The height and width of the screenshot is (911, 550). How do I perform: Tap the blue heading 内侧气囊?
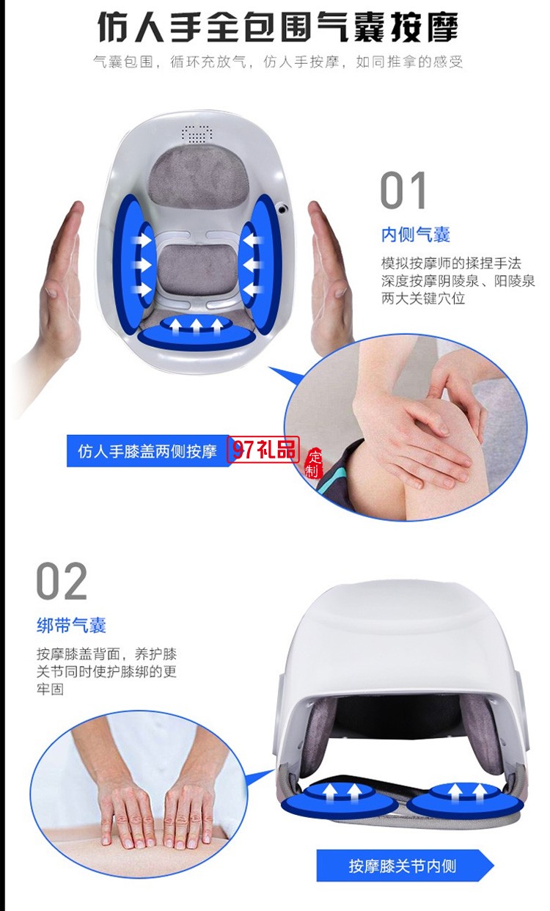(415, 235)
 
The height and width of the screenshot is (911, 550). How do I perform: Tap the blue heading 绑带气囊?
(71, 625)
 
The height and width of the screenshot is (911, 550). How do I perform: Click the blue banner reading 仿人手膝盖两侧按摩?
(147, 451)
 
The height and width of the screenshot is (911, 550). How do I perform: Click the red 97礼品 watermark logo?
(264, 450)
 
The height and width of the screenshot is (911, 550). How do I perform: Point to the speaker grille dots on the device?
(197, 134)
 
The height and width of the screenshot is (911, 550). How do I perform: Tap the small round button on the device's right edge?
(282, 209)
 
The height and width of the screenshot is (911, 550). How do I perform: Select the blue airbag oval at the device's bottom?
(197, 332)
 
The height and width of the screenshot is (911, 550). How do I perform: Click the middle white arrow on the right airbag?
(251, 263)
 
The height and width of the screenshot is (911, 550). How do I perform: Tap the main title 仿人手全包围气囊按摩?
(277, 27)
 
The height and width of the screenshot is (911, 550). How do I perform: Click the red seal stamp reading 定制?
(313, 462)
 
